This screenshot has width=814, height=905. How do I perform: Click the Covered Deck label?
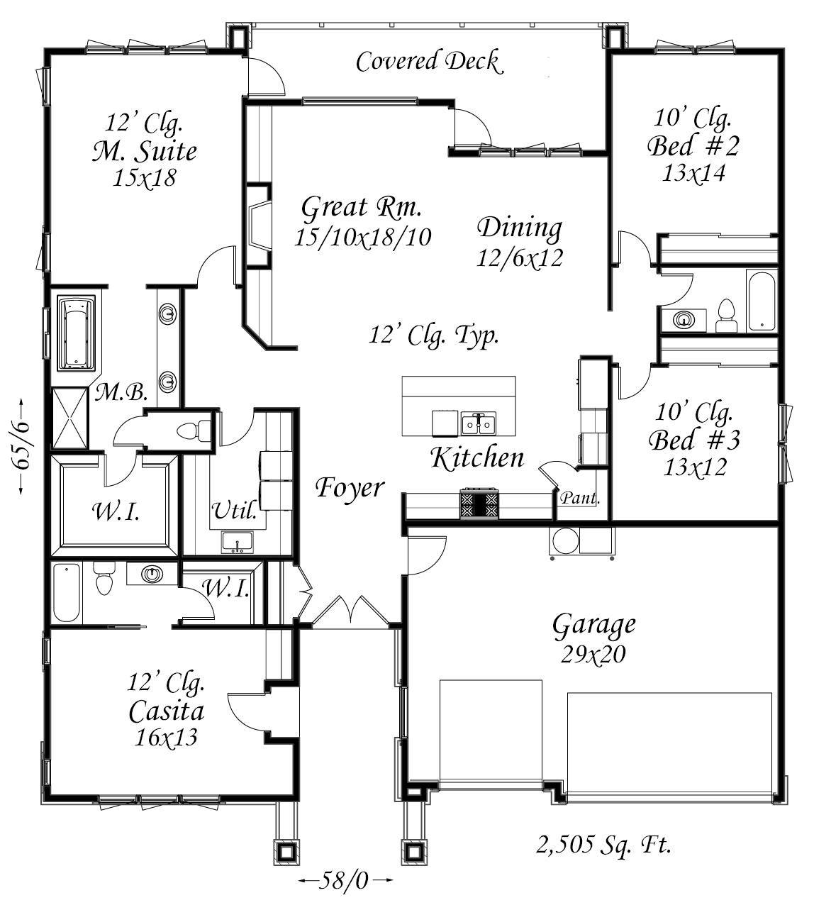click(x=429, y=62)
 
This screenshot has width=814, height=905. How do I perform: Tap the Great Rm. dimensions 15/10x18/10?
click(x=363, y=237)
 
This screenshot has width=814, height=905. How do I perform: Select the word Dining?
click(x=520, y=229)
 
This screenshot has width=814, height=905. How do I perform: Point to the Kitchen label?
click(x=477, y=458)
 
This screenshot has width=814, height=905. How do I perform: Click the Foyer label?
click(x=350, y=488)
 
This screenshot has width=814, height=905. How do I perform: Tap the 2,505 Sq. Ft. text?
click(x=603, y=845)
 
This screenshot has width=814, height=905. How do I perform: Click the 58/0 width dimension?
click(x=345, y=880)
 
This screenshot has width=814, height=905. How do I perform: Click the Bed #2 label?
click(x=693, y=146)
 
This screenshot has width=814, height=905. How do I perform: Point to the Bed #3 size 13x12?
click(x=695, y=467)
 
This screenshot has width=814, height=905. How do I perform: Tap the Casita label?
click(x=167, y=712)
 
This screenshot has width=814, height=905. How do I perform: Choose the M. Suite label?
click(x=145, y=152)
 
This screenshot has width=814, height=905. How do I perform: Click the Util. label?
click(x=234, y=511)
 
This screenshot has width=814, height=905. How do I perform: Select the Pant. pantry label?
click(x=580, y=499)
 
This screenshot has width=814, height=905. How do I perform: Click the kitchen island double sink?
click(x=479, y=423)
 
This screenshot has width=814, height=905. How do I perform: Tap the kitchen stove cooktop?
click(x=479, y=504)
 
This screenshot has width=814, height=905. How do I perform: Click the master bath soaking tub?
click(x=77, y=333)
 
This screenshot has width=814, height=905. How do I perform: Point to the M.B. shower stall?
click(x=69, y=418)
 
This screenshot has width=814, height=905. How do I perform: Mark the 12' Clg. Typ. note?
click(x=434, y=336)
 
